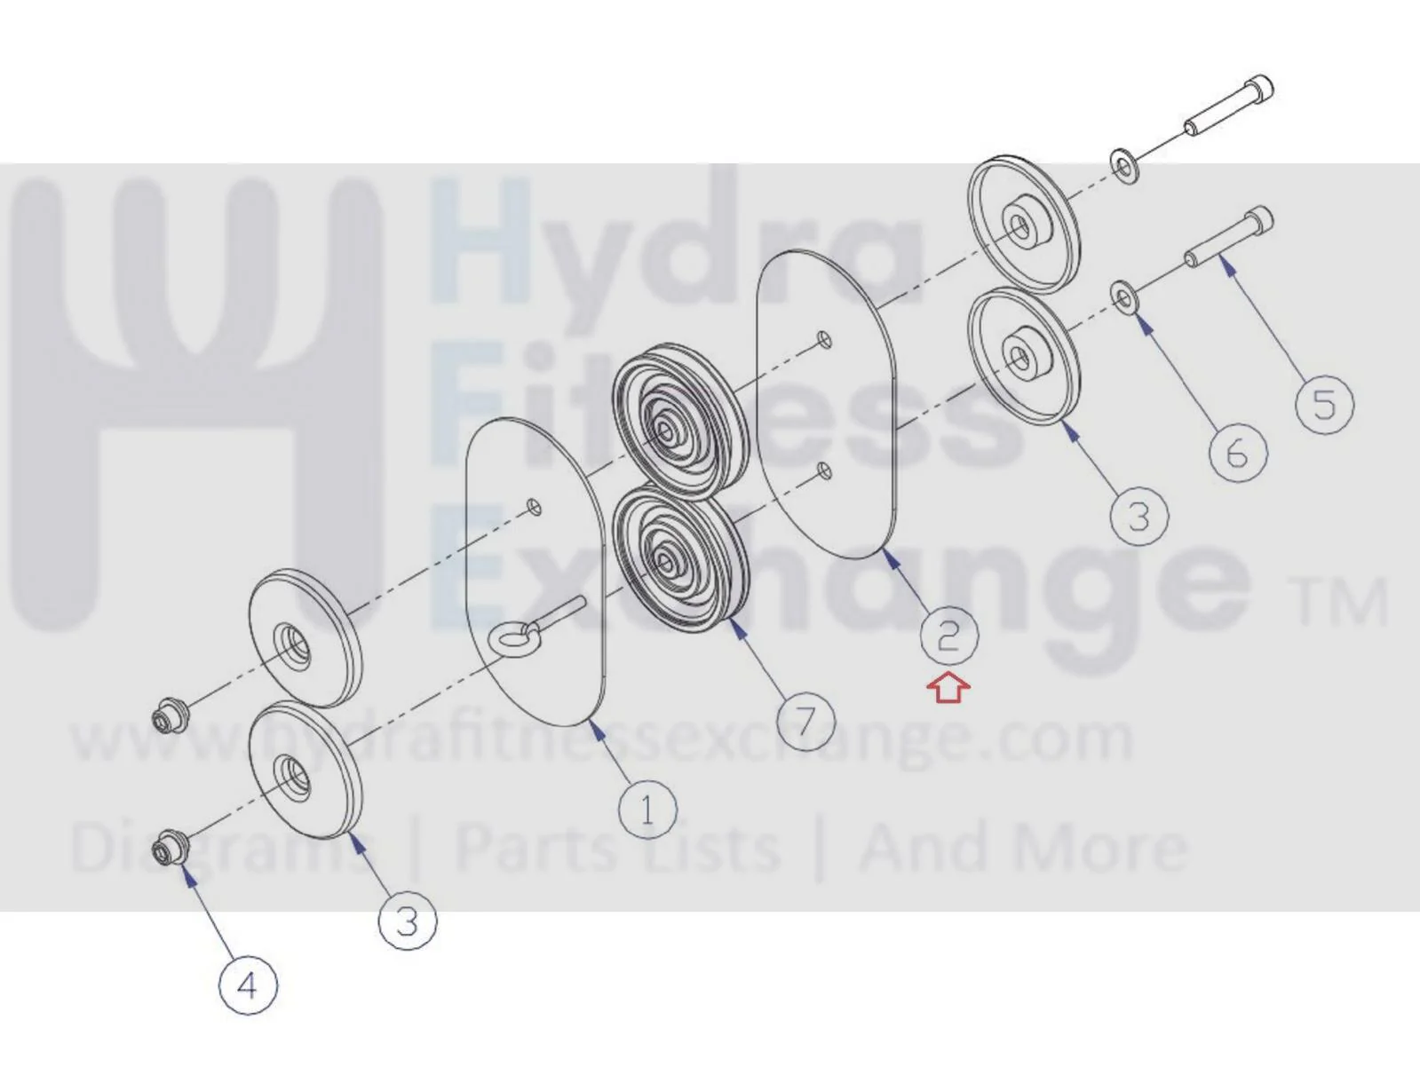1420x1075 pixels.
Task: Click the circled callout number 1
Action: pyautogui.click(x=647, y=810)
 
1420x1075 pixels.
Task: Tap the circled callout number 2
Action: pyautogui.click(x=949, y=636)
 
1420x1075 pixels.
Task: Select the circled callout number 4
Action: pyautogui.click(x=249, y=986)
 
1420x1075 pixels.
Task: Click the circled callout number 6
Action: pyautogui.click(x=1238, y=453)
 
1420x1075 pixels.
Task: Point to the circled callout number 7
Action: pyautogui.click(x=806, y=721)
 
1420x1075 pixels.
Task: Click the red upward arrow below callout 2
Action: pyautogui.click(x=948, y=689)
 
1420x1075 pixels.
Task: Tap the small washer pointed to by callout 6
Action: pyautogui.click(x=1125, y=298)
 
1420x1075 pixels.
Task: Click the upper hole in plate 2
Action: pyautogui.click(x=823, y=339)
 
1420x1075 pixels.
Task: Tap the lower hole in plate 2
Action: pyautogui.click(x=823, y=470)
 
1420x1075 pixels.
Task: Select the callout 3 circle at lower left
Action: pyautogui.click(x=408, y=921)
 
